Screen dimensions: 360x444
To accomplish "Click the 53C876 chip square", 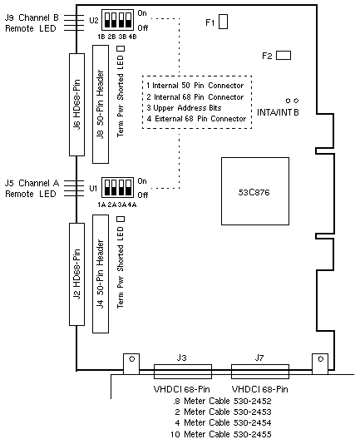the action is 255,191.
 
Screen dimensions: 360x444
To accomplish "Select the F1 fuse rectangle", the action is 223,22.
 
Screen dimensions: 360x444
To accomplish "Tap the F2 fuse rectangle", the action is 284,55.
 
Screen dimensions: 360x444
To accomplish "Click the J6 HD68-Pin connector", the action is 76,105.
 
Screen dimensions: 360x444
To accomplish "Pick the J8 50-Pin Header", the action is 101,104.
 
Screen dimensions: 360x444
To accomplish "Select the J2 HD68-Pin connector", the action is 76,274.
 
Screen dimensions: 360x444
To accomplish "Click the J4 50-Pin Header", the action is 101,274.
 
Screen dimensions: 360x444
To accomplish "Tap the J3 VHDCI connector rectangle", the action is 183,372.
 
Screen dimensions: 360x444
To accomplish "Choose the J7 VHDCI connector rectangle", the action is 260,372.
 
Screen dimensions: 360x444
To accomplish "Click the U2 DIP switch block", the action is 117,20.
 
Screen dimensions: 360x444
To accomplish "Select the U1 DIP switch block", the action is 117,187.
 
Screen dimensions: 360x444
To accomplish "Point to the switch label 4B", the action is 132,37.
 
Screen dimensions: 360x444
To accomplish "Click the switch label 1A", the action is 101,205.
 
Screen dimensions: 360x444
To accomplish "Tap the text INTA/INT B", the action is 278,112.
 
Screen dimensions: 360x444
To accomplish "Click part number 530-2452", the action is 253,401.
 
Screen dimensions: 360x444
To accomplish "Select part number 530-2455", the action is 253,434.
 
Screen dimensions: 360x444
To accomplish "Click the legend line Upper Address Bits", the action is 187,108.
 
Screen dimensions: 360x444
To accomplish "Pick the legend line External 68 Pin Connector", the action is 200,119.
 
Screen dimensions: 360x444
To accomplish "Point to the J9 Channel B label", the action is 32,17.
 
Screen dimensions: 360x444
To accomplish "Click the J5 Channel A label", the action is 32,183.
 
